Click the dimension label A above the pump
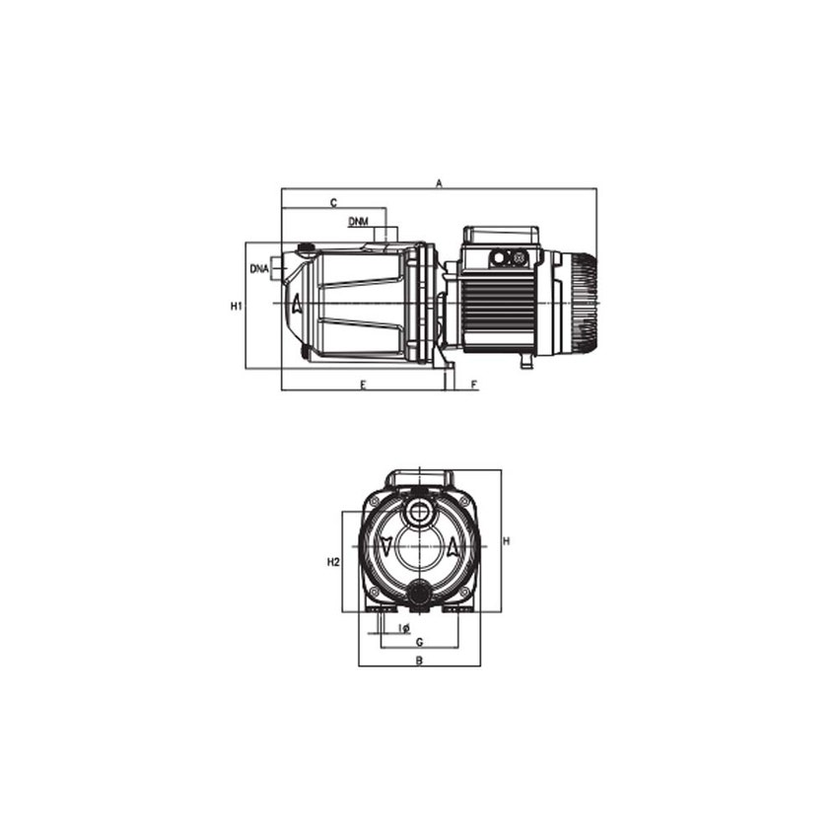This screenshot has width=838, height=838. pyautogui.click(x=441, y=182)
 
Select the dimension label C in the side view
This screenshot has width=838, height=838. pyautogui.click(x=333, y=202)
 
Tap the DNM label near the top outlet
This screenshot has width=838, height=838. pyautogui.click(x=359, y=222)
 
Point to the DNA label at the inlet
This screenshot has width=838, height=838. pyautogui.click(x=259, y=268)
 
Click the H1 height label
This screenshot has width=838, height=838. pyautogui.click(x=236, y=307)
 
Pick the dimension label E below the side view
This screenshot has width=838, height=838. pyautogui.click(x=363, y=384)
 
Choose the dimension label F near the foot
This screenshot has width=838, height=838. pyautogui.click(x=474, y=384)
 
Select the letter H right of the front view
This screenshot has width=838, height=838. pyautogui.click(x=507, y=541)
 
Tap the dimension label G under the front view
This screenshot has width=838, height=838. pyautogui.click(x=419, y=642)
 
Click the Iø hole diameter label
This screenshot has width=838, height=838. pyautogui.click(x=404, y=628)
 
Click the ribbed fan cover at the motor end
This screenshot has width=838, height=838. pyautogui.click(x=582, y=303)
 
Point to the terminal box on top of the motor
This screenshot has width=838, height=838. pyautogui.click(x=502, y=238)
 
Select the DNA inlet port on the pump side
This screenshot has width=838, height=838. pyautogui.click(x=280, y=268)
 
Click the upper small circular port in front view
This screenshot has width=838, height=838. pyautogui.click(x=419, y=514)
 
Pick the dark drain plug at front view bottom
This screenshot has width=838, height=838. pyautogui.click(x=419, y=594)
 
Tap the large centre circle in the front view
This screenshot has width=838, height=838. pyautogui.click(x=419, y=547)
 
